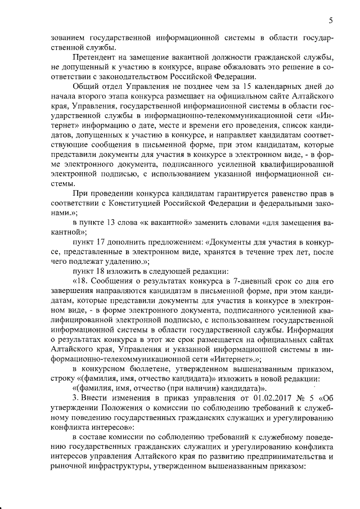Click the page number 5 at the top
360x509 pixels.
(330, 21)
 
